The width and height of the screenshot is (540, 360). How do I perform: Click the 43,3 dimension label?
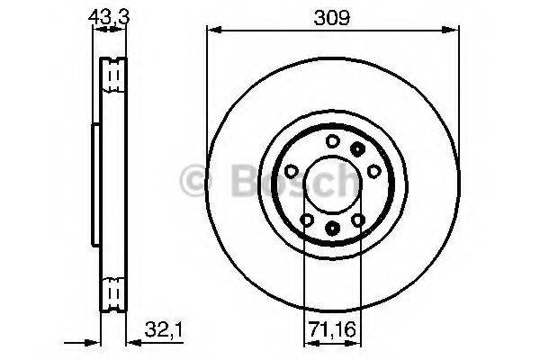[x=107, y=15]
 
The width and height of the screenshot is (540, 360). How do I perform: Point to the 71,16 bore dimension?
[x=331, y=328]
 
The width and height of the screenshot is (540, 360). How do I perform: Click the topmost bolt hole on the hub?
[x=332, y=139]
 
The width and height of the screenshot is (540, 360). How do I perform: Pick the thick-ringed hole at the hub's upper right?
[x=358, y=148]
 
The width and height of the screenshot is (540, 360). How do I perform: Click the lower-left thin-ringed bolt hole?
[x=306, y=220]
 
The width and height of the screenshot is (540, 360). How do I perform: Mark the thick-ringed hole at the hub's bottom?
[x=332, y=229]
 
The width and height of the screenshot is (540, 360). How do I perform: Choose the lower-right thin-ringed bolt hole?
[x=357, y=219]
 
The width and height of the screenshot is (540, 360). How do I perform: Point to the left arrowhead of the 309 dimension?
[x=213, y=30]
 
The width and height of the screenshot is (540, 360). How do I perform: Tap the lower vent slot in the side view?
[x=112, y=292]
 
